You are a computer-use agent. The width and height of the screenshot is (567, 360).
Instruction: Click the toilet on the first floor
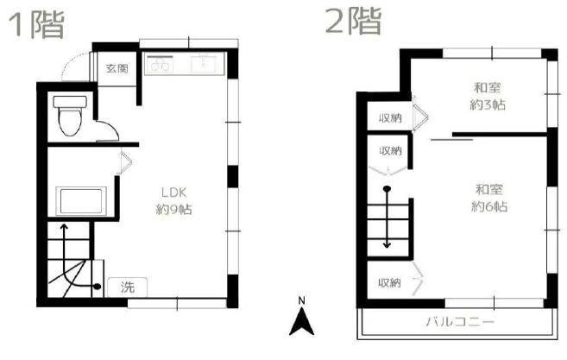click(x=70, y=116)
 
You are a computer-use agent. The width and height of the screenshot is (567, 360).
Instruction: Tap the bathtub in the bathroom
click(x=81, y=201)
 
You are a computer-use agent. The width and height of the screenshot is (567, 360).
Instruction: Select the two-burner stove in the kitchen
click(x=159, y=64)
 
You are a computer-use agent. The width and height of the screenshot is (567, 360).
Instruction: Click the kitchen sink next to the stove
click(x=204, y=64)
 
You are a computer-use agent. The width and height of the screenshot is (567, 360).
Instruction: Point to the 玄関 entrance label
click(x=117, y=68)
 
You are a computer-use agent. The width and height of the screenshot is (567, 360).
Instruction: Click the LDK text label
click(x=173, y=193)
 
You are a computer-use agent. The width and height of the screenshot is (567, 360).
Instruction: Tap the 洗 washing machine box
click(x=127, y=287)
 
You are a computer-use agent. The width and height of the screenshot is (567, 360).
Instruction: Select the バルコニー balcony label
click(x=460, y=321)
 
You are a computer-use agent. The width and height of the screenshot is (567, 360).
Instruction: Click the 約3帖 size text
click(x=488, y=105)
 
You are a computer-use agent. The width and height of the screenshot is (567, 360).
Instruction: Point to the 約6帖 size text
click(x=489, y=206)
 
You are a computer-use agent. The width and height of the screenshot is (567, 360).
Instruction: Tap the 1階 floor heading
click(x=36, y=24)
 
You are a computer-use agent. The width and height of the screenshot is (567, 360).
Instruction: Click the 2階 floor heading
click(x=353, y=21)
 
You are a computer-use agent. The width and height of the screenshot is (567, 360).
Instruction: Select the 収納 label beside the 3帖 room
click(x=390, y=118)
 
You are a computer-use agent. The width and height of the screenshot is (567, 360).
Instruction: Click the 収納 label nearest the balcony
click(x=389, y=282)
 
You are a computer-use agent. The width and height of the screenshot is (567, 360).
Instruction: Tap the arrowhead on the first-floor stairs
click(x=64, y=227)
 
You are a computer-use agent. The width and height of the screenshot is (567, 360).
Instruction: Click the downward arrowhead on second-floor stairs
click(x=387, y=245)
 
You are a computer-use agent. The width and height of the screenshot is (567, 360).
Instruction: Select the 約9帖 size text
click(x=174, y=210)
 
